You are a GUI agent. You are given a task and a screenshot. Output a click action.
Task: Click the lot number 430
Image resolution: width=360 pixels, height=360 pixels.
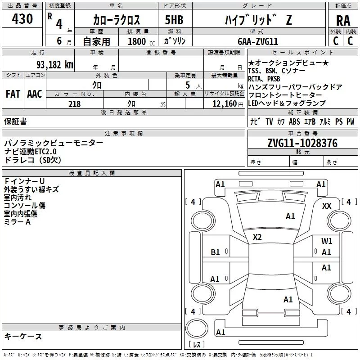22,18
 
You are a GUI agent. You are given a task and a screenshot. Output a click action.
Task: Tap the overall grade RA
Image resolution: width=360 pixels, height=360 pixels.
343,21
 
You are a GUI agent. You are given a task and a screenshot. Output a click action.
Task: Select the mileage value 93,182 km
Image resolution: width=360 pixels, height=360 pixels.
55,65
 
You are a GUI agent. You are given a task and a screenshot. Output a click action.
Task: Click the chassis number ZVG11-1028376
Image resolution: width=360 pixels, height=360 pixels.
302,143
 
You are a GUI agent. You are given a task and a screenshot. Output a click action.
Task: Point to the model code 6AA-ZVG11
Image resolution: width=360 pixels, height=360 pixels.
258,41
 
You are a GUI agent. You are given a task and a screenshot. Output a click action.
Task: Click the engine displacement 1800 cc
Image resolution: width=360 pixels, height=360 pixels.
141,41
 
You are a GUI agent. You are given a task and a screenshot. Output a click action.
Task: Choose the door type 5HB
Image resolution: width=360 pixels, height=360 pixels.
174,20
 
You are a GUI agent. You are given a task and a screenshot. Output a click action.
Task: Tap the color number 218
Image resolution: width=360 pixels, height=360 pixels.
74,104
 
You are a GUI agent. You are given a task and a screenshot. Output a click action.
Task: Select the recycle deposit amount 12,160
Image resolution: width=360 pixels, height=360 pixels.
225,104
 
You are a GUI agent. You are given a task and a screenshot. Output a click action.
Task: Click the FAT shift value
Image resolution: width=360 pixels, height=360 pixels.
13,94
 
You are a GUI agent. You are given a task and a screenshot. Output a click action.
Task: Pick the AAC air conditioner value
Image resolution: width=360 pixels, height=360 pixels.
35,94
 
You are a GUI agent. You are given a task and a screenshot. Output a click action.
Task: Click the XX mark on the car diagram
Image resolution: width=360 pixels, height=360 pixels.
327,206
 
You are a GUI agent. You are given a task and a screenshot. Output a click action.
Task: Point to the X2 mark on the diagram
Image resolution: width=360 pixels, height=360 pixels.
257,237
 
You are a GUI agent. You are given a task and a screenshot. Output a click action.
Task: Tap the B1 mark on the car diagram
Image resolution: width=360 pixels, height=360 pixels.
215,252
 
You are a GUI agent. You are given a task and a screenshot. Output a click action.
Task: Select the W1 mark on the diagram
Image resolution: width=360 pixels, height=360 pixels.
327,241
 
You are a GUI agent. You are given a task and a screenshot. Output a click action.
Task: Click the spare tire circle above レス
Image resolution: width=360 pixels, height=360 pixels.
197,328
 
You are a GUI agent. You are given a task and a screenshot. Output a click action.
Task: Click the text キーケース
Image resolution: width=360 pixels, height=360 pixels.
23,336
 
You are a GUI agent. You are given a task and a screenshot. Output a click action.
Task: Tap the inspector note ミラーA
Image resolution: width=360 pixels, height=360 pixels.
17,222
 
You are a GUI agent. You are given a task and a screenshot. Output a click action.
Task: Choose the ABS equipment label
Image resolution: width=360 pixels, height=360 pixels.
294,121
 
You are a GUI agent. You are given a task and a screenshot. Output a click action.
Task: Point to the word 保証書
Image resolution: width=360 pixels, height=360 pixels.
15,121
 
